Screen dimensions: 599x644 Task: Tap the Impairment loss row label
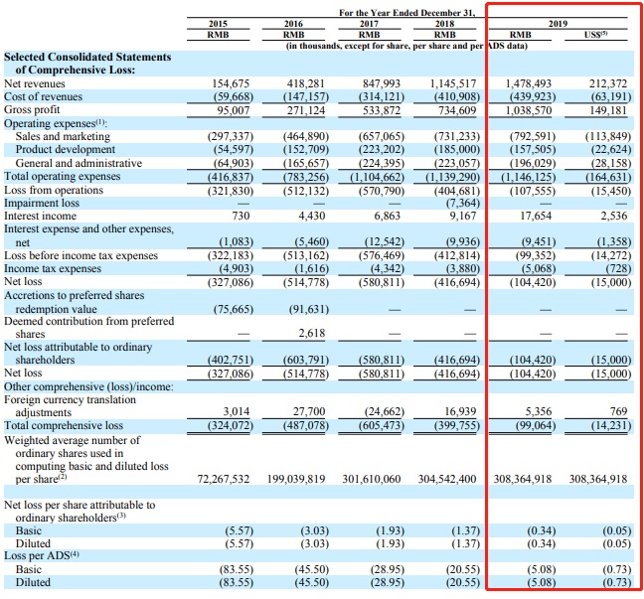coord(42,203)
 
